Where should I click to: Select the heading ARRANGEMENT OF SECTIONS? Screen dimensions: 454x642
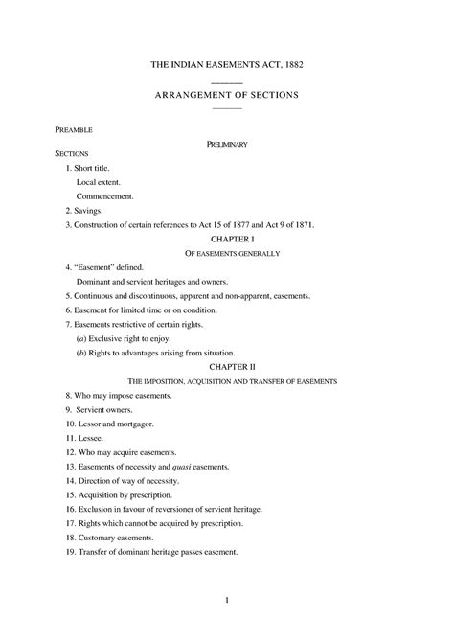tap(227, 95)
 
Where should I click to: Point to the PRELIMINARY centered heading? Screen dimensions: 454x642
tap(227, 144)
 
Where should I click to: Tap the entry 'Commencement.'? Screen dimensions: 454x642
tap(104, 195)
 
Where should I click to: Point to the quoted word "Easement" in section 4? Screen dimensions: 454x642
tap(98, 267)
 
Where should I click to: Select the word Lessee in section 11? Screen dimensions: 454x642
tap(92, 437)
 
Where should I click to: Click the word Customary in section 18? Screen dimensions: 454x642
tap(99, 539)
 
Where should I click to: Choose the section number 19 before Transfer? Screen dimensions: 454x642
tap(70, 553)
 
